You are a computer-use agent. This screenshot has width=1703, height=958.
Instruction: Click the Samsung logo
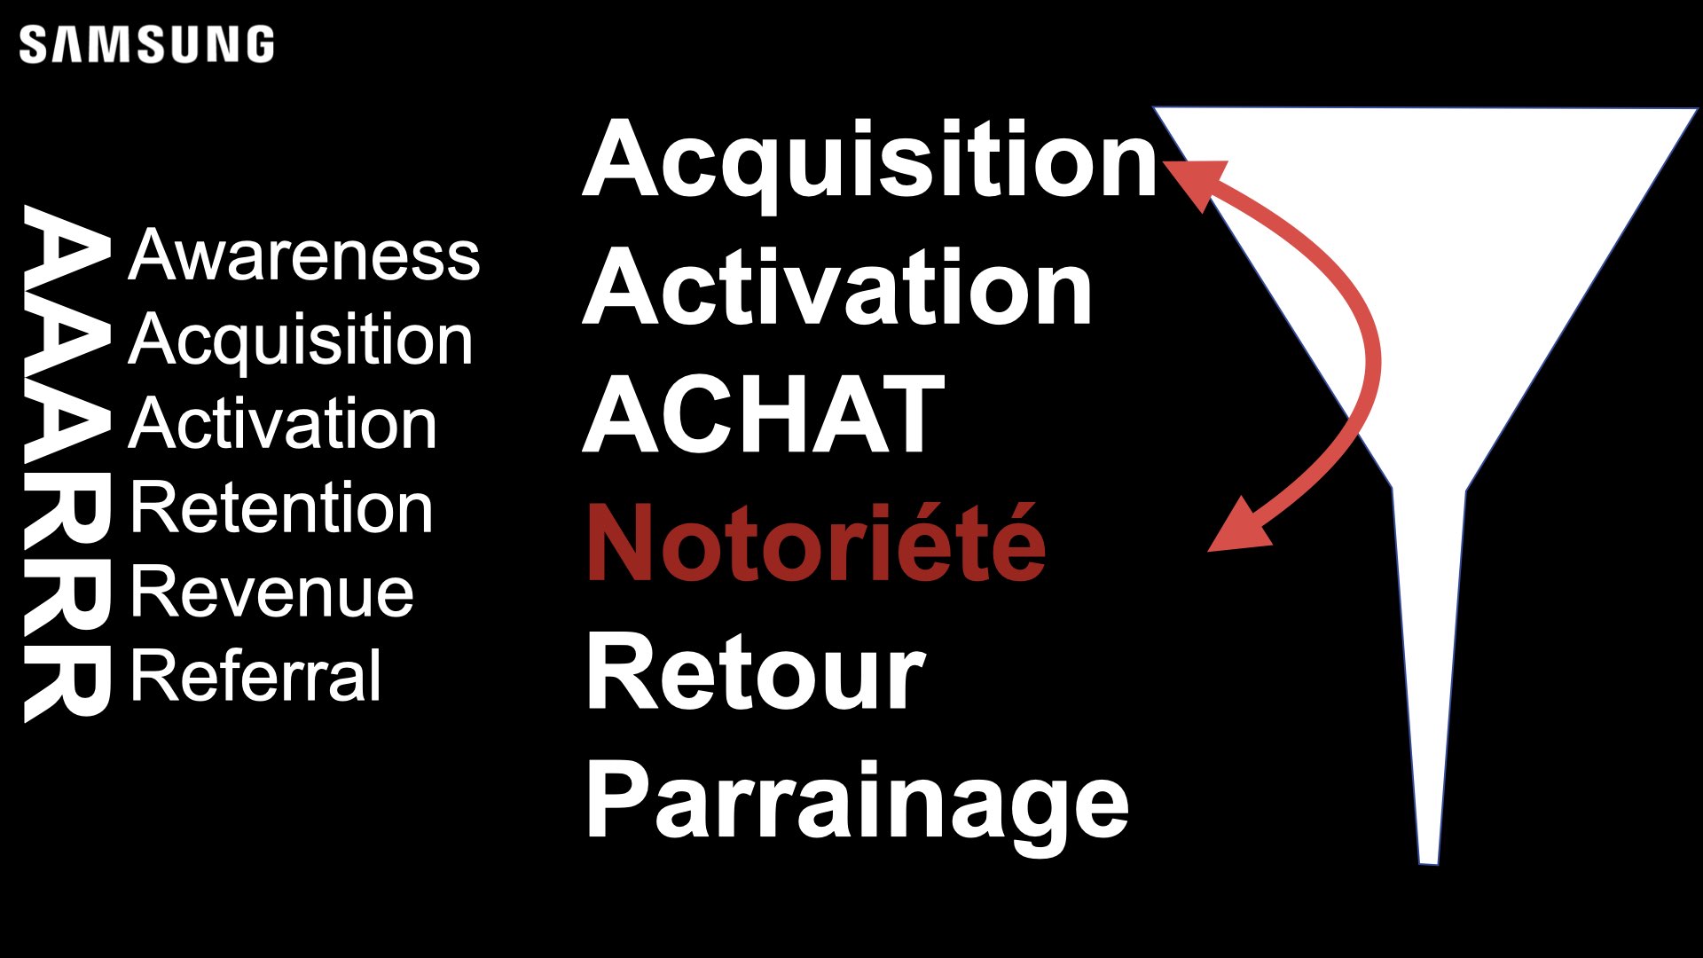[146, 44]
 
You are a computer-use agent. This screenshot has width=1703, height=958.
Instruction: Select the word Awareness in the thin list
[304, 255]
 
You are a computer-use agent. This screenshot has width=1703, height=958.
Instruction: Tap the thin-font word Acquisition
[301, 341]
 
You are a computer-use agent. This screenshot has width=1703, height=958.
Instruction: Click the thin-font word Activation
[283, 424]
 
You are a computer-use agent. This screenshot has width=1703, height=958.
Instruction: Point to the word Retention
[282, 508]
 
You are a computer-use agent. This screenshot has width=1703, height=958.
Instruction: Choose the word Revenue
[272, 593]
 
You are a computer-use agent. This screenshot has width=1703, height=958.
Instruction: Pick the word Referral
[255, 676]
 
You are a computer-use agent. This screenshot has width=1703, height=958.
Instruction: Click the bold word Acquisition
[870, 163]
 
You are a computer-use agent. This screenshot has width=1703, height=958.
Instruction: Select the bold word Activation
[837, 287]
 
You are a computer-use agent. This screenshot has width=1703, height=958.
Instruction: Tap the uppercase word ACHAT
[764, 414]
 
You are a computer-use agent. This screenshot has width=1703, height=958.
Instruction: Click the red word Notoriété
[816, 542]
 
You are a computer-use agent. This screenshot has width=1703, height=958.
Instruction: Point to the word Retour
[756, 671]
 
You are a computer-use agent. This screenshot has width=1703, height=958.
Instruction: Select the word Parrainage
[858, 805]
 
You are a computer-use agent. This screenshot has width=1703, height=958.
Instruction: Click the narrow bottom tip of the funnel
[1428, 861]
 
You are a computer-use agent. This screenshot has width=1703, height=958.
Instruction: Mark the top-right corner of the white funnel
[1696, 110]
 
